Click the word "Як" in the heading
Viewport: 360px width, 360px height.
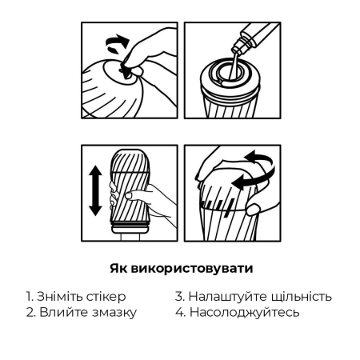117,267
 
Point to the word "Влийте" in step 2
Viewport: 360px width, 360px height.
63,312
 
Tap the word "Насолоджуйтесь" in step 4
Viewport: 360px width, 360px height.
244,312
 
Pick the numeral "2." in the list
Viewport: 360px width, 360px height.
31,312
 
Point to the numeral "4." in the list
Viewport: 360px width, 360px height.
181,312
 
